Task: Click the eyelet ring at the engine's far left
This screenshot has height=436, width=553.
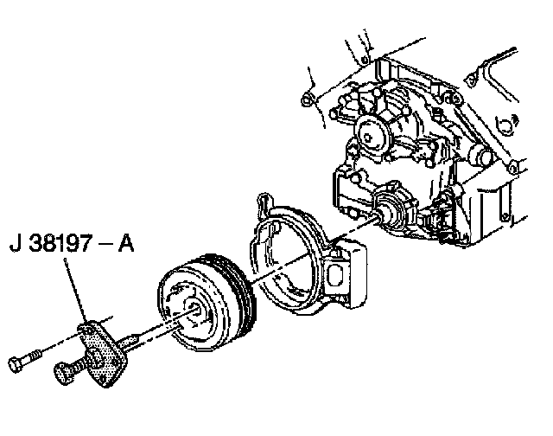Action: [306, 102]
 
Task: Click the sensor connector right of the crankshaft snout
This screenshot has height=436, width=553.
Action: [443, 216]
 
